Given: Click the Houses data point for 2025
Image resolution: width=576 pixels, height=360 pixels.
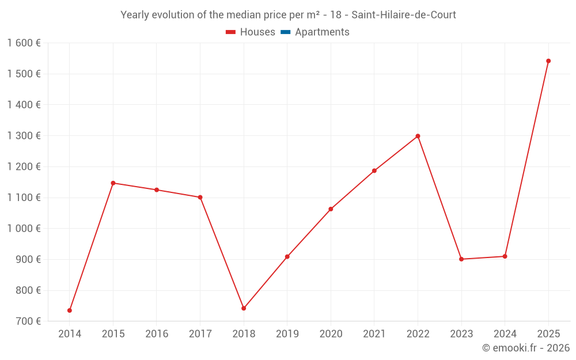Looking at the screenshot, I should point(548,61).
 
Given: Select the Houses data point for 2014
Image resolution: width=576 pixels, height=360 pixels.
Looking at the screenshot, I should point(70,310).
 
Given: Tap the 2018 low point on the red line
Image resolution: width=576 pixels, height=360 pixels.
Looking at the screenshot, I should point(244,308).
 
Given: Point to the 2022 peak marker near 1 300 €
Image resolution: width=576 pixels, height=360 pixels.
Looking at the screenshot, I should point(418,136).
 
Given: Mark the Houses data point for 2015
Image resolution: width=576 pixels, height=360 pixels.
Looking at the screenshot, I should point(113,183).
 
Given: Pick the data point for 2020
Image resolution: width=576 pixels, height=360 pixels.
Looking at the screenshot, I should point(331,209).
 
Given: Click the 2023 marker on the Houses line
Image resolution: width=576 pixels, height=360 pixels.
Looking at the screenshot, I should point(461,259).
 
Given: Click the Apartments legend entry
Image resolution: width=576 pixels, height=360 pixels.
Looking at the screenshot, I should point(322,32).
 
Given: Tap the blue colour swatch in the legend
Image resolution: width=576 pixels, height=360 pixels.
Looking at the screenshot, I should point(286,32).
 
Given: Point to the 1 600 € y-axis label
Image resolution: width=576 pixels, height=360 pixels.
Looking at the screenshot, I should point(24,43).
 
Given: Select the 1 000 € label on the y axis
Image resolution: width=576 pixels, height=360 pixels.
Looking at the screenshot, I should point(24,229).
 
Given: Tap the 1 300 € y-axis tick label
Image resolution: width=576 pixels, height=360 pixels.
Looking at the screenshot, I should point(24,136).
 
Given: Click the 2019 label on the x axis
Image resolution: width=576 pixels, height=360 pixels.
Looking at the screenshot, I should point(287,334).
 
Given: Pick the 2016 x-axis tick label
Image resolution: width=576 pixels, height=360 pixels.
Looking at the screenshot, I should point(157,334).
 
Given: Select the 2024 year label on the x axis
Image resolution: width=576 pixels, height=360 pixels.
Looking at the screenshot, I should point(505,334).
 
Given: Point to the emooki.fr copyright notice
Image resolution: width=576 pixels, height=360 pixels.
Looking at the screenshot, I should point(525,348).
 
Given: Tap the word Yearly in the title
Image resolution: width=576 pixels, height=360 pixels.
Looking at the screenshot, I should point(134,15).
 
